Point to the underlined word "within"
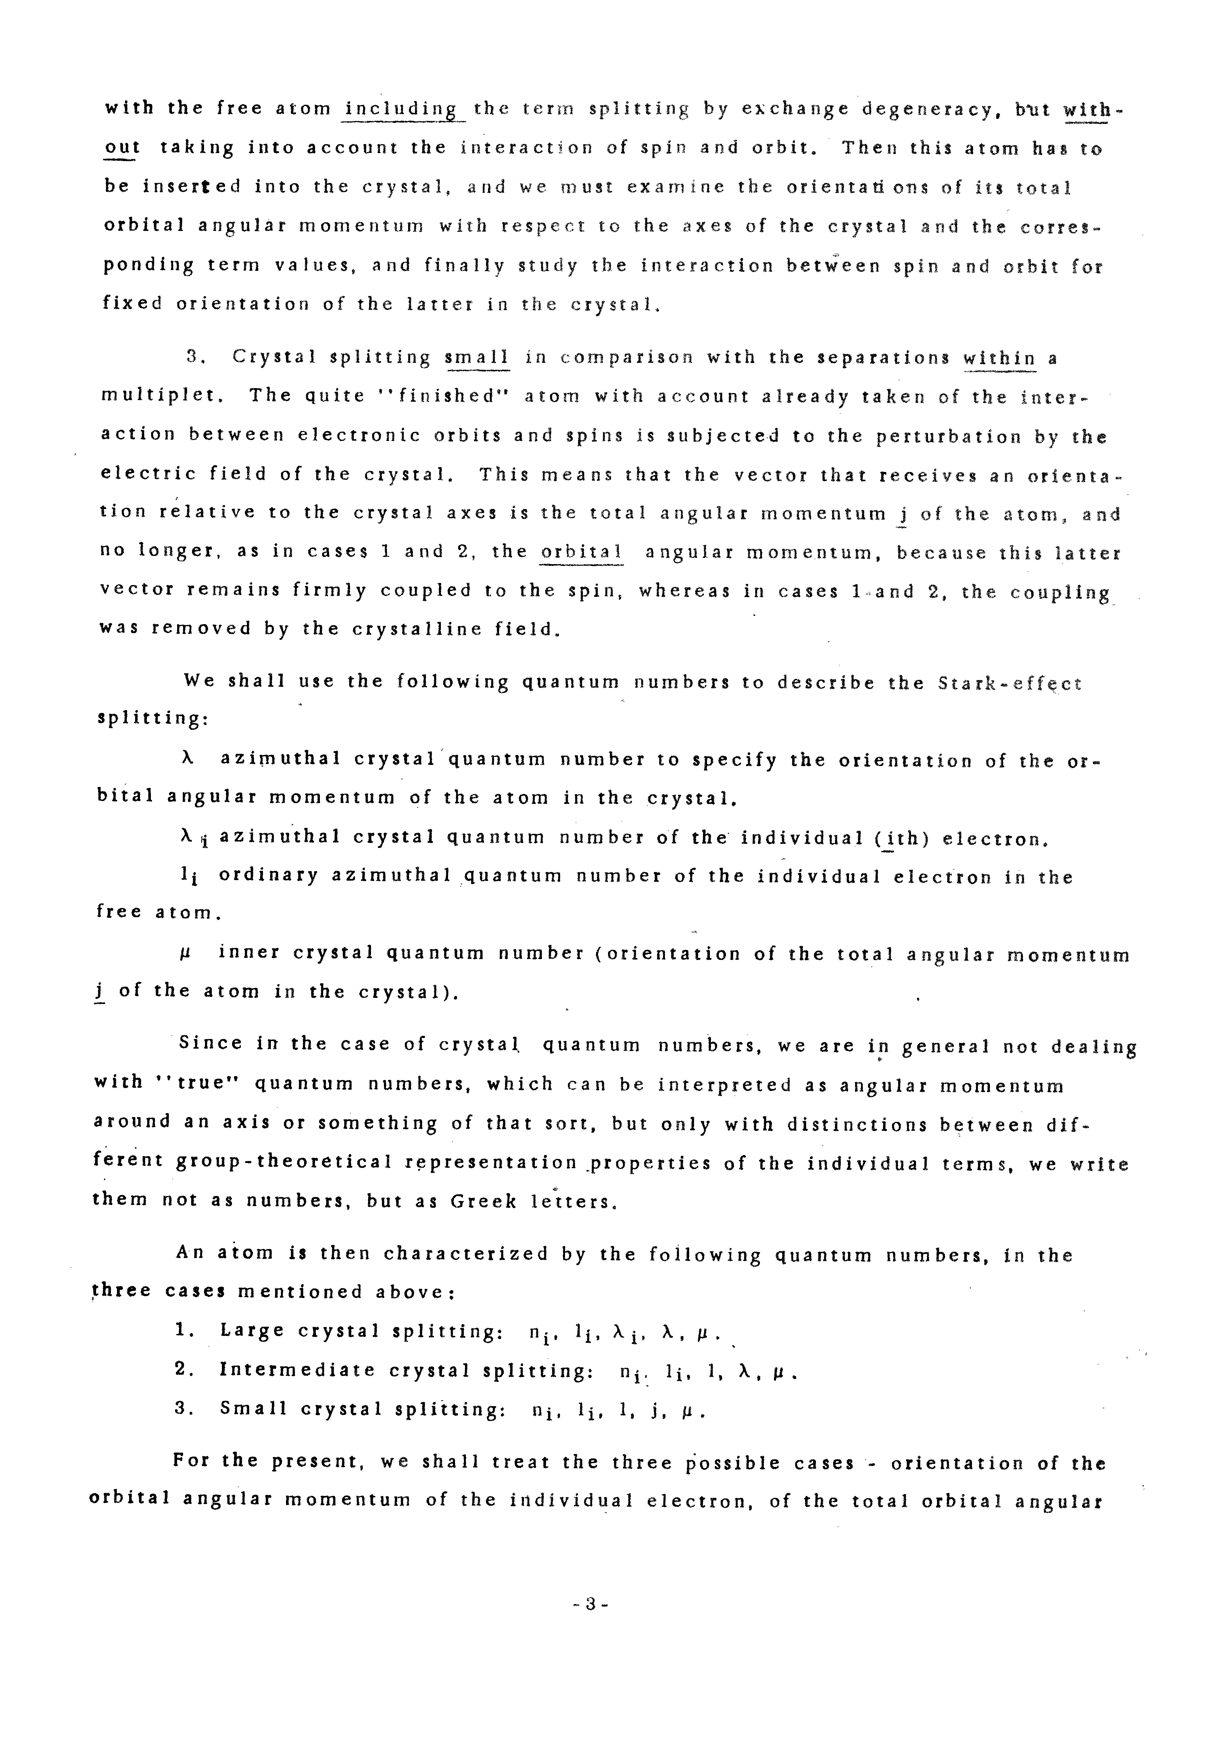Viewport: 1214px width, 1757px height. tap(999, 358)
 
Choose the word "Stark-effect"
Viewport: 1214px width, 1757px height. tap(1009, 683)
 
